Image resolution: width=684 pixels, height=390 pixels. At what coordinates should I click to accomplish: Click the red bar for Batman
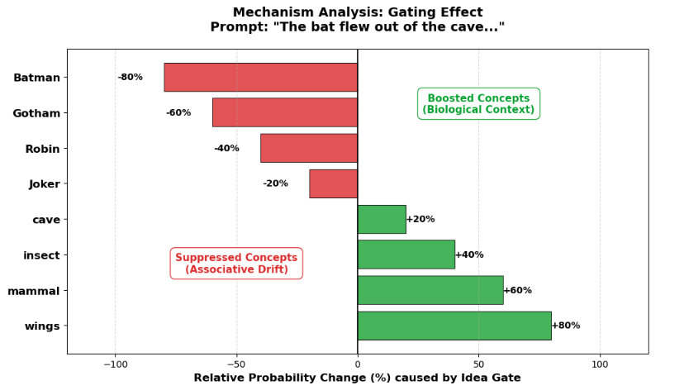(260, 77)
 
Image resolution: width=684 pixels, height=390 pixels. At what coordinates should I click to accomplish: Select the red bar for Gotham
(284, 112)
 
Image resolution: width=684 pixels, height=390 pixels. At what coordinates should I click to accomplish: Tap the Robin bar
(308, 148)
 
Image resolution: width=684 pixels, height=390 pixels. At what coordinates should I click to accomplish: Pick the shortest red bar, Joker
(333, 183)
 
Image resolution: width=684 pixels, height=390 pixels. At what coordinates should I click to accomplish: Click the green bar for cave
(382, 219)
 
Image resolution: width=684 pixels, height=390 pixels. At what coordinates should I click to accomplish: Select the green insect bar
(406, 254)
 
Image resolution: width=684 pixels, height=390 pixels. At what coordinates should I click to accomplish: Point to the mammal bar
(430, 290)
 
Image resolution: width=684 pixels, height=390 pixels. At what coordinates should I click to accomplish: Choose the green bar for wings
(454, 326)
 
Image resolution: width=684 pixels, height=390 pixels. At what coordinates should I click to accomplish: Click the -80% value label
(130, 77)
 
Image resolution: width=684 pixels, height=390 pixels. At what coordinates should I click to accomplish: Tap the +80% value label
(566, 326)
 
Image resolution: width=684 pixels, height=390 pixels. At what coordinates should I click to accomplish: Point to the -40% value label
(226, 149)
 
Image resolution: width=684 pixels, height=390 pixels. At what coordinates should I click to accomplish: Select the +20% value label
(420, 219)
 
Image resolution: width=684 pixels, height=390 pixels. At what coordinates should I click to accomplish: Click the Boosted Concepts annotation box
(478, 104)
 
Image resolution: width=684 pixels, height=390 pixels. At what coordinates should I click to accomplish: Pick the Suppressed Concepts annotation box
(236, 264)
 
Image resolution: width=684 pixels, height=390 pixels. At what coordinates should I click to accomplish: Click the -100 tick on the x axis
(115, 364)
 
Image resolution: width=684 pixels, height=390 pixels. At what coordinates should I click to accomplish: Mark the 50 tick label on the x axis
(478, 364)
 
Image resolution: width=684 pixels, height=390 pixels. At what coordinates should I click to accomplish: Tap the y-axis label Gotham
(36, 113)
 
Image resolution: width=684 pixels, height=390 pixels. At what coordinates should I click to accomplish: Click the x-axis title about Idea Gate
(357, 378)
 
